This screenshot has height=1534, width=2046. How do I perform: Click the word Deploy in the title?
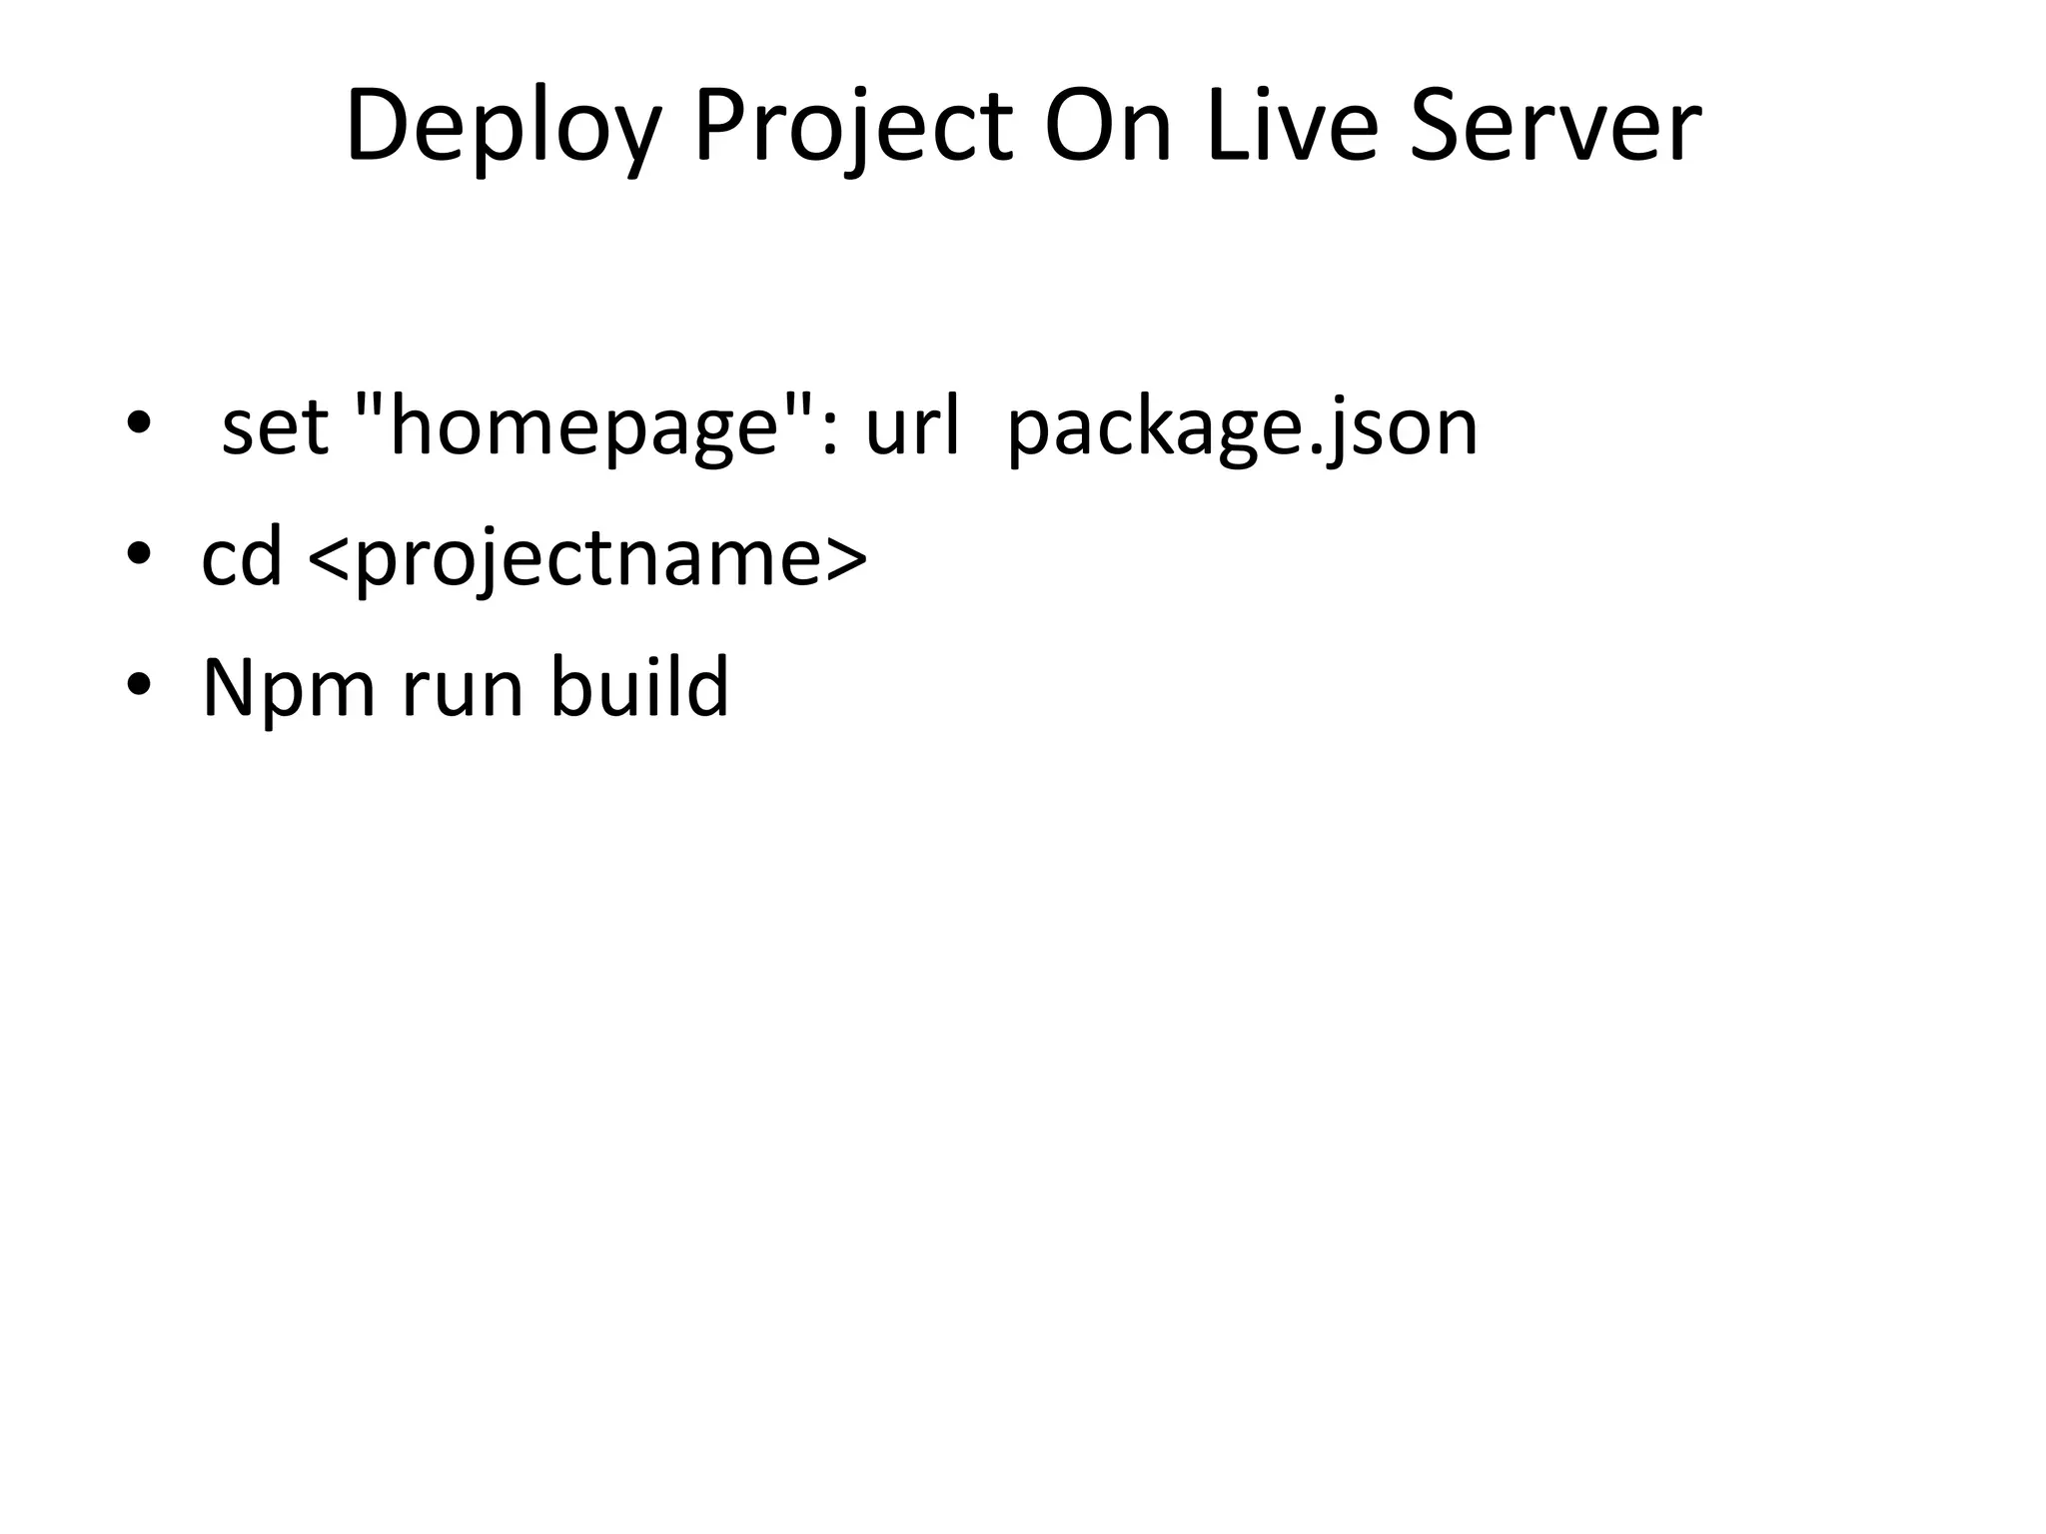coord(504,128)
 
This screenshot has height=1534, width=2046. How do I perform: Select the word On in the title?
coord(1107,128)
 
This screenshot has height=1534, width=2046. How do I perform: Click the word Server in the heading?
coord(1554,128)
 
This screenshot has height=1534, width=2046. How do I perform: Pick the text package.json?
coord(1242,429)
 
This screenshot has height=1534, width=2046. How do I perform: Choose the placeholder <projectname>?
coord(588,559)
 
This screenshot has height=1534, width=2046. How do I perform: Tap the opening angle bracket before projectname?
coord(328,559)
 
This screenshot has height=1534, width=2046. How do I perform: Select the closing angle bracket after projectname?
coord(848,559)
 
